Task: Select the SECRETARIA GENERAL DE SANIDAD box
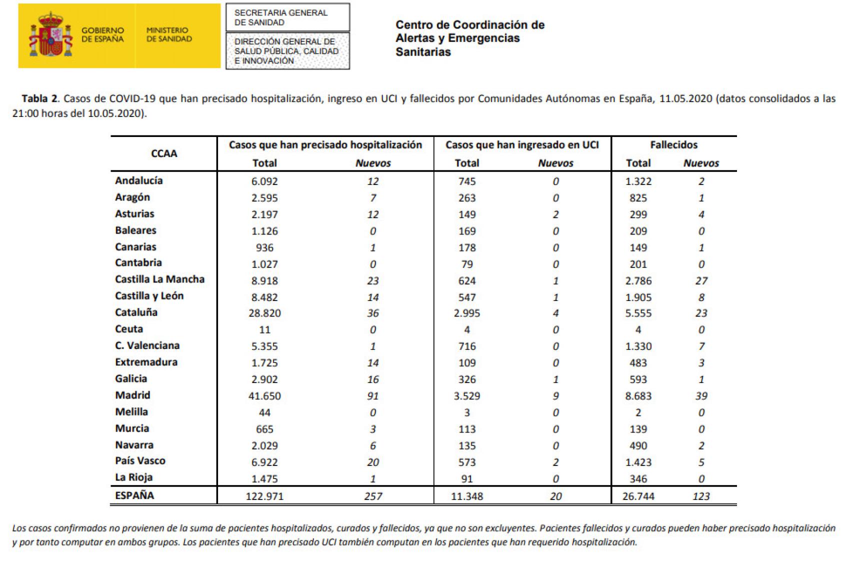pos(287,17)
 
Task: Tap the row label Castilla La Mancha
pos(159,279)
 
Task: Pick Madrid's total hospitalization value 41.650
pos(264,396)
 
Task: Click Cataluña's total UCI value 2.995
pos(466,313)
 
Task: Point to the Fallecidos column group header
pos(673,145)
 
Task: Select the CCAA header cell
pos(164,153)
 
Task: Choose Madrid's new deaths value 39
pos(701,396)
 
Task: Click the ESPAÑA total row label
pos(134,495)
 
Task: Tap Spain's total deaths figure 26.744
pos(638,496)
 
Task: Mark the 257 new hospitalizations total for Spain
pos(373,496)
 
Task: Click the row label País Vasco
pos(140,461)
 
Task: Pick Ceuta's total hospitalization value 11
pos(264,329)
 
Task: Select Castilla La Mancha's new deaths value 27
pos(701,280)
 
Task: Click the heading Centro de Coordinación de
pos(469,25)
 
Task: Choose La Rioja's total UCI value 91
pos(466,478)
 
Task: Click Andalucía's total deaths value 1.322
pos(638,181)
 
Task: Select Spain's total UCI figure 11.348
pos(466,496)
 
